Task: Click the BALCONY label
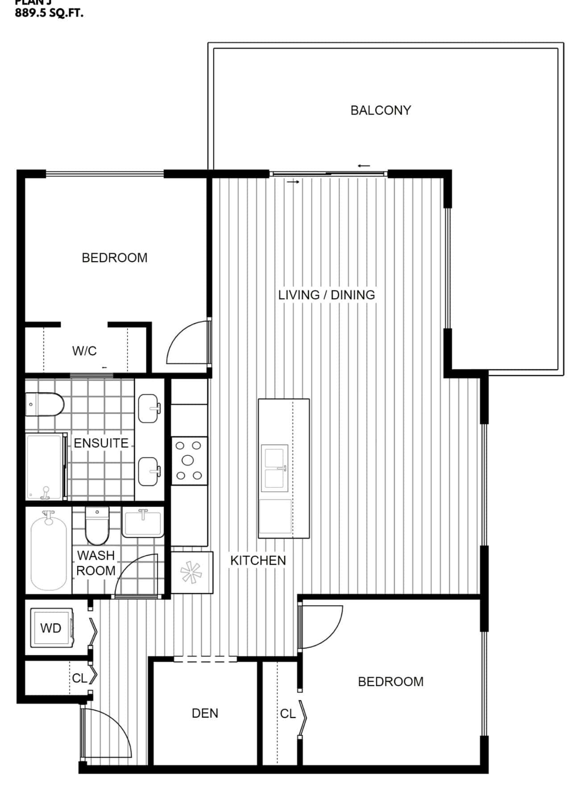point(380,110)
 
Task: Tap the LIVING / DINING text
point(326,295)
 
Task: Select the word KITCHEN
point(258,560)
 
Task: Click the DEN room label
point(205,713)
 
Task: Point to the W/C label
point(84,351)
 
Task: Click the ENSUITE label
point(101,443)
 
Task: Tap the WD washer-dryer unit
point(51,628)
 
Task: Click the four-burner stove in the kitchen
point(189,460)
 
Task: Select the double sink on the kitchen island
point(274,467)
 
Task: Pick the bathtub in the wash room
point(48,551)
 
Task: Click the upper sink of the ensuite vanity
point(148,408)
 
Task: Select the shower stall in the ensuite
point(45,466)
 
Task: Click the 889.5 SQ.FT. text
point(49,13)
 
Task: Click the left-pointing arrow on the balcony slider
point(364,166)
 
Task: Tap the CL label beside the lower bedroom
point(287,714)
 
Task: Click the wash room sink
point(143,523)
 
